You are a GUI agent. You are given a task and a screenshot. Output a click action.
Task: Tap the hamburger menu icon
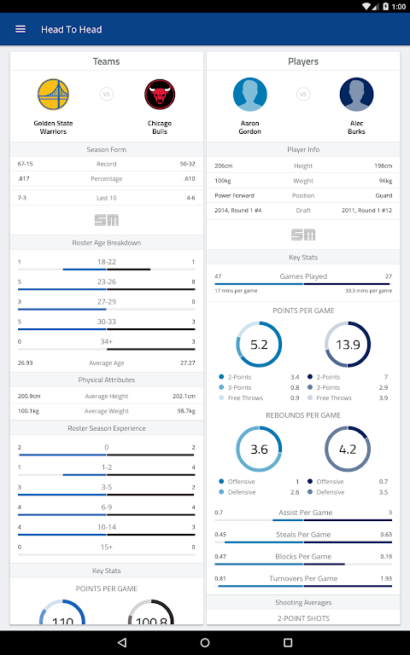[20, 29]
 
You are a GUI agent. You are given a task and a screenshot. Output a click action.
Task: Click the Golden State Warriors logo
[53, 95]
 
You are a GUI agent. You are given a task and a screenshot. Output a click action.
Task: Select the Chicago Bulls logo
[160, 95]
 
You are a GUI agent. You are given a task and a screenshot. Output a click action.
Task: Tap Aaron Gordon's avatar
[249, 95]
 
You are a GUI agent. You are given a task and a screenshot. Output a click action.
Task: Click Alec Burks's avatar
[356, 95]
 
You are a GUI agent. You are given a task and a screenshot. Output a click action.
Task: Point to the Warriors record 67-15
[25, 164]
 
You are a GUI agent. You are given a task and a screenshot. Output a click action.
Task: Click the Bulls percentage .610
[189, 178]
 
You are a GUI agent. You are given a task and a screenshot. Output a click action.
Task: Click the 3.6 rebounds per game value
[259, 449]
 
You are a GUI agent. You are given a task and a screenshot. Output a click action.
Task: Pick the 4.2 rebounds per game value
[348, 449]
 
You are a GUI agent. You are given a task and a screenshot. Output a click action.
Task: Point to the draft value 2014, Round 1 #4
[238, 210]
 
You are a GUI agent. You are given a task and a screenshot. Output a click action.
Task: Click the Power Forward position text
[234, 195]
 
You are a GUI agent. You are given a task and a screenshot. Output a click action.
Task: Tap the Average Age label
[106, 363]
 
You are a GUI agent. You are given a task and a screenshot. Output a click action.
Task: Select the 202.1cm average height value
[184, 396]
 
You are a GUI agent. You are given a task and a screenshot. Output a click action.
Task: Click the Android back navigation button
[122, 642]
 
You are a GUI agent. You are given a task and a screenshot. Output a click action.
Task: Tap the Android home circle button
[205, 642]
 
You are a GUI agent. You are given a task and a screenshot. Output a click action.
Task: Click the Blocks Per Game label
[303, 556]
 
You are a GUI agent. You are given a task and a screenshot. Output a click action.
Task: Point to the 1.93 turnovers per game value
[386, 578]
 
